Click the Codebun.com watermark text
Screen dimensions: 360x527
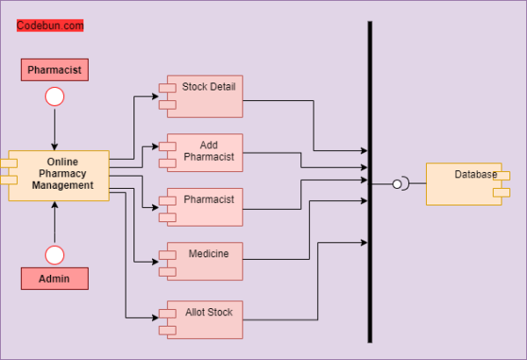(50, 26)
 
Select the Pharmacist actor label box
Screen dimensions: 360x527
(54, 69)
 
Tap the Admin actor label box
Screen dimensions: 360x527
(54, 278)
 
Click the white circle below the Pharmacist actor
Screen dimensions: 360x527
(54, 97)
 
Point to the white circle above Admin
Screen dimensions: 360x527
(54, 255)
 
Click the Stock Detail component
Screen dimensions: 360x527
(204, 97)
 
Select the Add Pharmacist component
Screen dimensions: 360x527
(204, 153)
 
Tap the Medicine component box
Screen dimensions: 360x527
(204, 261)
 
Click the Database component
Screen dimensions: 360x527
(464, 184)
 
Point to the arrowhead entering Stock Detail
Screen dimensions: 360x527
(155, 96)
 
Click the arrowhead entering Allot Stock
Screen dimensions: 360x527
(155, 317)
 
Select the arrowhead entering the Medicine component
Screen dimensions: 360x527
(155, 262)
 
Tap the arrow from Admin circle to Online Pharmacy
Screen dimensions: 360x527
(54, 224)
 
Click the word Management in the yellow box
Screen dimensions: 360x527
(69, 185)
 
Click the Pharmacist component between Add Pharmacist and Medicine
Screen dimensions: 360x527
(204, 207)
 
